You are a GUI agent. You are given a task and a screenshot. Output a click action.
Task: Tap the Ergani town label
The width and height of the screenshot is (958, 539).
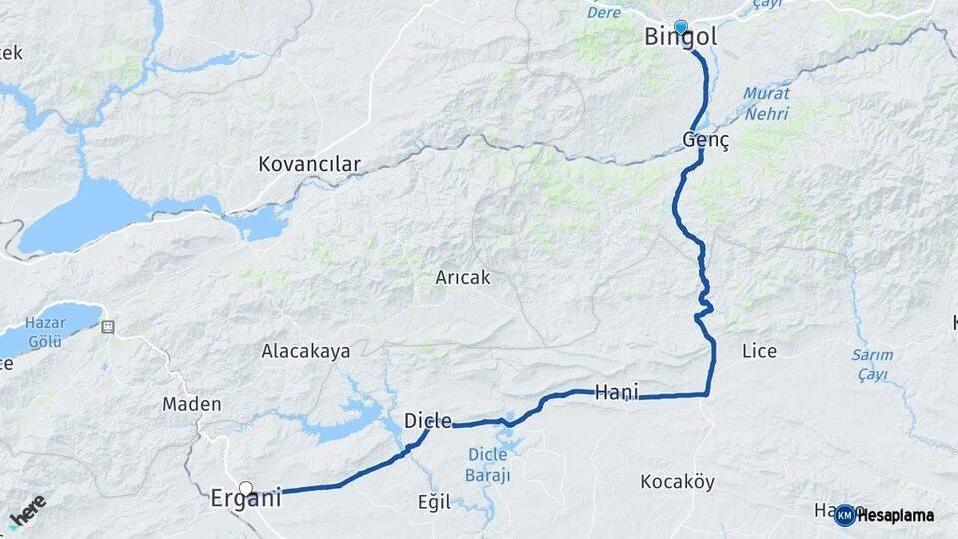pyautogui.click(x=245, y=498)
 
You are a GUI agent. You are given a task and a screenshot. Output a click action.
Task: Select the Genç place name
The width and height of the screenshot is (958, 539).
pyautogui.click(x=707, y=140)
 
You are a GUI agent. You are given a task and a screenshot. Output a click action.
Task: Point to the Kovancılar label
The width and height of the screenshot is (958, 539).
pyautogui.click(x=309, y=164)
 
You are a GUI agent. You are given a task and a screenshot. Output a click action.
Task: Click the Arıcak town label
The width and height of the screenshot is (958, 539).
pyautogui.click(x=463, y=278)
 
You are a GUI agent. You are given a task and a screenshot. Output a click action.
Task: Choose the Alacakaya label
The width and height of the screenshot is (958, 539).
pyautogui.click(x=305, y=351)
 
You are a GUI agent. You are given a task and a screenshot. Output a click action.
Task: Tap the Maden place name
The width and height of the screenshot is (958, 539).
pyautogui.click(x=192, y=404)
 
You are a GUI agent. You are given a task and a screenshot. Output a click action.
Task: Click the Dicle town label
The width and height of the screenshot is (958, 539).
pyautogui.click(x=428, y=421)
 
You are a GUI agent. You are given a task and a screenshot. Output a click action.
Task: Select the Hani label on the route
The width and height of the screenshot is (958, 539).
pyautogui.click(x=616, y=392)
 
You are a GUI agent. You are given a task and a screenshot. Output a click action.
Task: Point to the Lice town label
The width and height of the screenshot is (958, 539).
pyautogui.click(x=759, y=351)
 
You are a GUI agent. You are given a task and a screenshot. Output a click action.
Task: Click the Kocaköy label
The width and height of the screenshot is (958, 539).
pyautogui.click(x=677, y=482)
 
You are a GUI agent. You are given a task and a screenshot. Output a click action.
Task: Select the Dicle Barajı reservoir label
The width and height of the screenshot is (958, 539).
pyautogui.click(x=489, y=465)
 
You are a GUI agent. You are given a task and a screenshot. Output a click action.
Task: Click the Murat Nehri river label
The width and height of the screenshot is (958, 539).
pyautogui.click(x=765, y=103)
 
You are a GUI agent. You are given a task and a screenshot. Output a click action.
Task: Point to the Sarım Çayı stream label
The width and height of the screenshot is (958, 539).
pyautogui.click(x=873, y=364)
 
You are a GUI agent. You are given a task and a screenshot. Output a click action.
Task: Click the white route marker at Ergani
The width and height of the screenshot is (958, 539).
pyautogui.click(x=246, y=488)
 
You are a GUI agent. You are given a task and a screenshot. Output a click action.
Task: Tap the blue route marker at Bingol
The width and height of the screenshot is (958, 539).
pyautogui.click(x=681, y=26)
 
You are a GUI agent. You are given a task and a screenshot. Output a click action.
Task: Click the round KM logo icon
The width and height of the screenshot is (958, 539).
pyautogui.click(x=844, y=515)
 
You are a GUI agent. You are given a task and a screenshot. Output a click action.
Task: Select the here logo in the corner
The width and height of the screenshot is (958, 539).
pyautogui.click(x=27, y=509)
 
